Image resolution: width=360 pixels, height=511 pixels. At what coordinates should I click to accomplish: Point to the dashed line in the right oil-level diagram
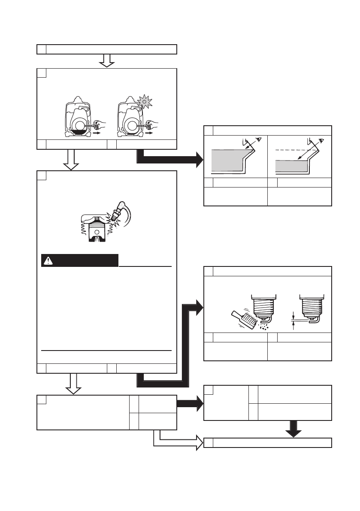coord(292,149)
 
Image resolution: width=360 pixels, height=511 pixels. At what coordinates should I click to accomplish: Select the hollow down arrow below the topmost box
coord(106,60)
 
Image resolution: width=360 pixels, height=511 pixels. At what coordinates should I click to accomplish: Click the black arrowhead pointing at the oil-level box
coord(199,160)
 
